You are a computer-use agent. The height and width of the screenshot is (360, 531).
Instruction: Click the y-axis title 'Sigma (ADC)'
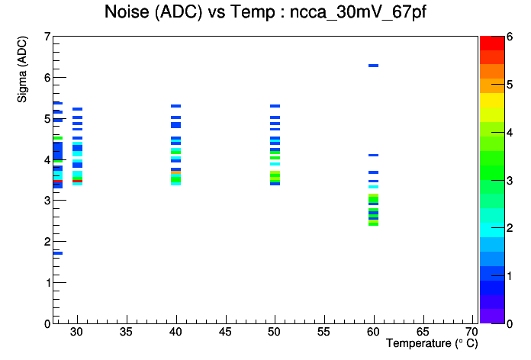(x=22, y=69)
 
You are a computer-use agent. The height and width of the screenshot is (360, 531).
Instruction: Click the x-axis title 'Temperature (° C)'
(x=432, y=343)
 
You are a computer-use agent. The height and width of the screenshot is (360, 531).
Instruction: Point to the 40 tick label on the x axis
(x=175, y=332)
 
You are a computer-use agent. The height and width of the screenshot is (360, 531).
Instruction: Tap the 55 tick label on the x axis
(x=323, y=332)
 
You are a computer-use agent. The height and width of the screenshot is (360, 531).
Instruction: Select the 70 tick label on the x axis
(x=471, y=332)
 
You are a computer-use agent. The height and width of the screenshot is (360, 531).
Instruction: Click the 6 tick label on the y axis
(x=47, y=78)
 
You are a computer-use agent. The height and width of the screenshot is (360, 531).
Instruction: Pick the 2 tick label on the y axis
(x=47, y=242)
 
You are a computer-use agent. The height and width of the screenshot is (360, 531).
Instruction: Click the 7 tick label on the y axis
(x=47, y=37)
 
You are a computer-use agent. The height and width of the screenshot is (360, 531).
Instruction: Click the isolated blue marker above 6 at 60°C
(x=373, y=66)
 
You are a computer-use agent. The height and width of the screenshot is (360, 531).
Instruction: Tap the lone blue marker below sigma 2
(x=58, y=253)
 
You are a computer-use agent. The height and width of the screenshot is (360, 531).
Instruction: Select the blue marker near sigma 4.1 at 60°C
(x=373, y=155)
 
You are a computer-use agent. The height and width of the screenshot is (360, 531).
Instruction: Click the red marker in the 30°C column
(x=78, y=182)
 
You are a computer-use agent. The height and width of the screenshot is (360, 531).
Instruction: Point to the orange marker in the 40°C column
(x=175, y=172)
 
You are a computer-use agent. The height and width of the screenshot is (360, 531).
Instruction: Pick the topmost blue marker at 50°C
(x=275, y=106)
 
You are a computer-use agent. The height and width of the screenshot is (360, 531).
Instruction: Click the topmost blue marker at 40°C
(x=175, y=106)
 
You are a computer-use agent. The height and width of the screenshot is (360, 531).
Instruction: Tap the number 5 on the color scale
(x=510, y=85)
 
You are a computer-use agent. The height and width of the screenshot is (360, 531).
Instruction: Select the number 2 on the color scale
(x=510, y=228)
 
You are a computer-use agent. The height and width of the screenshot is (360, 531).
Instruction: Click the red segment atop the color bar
(x=492, y=43)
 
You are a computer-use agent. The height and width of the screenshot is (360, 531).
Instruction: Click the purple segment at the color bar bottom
(x=492, y=316)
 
